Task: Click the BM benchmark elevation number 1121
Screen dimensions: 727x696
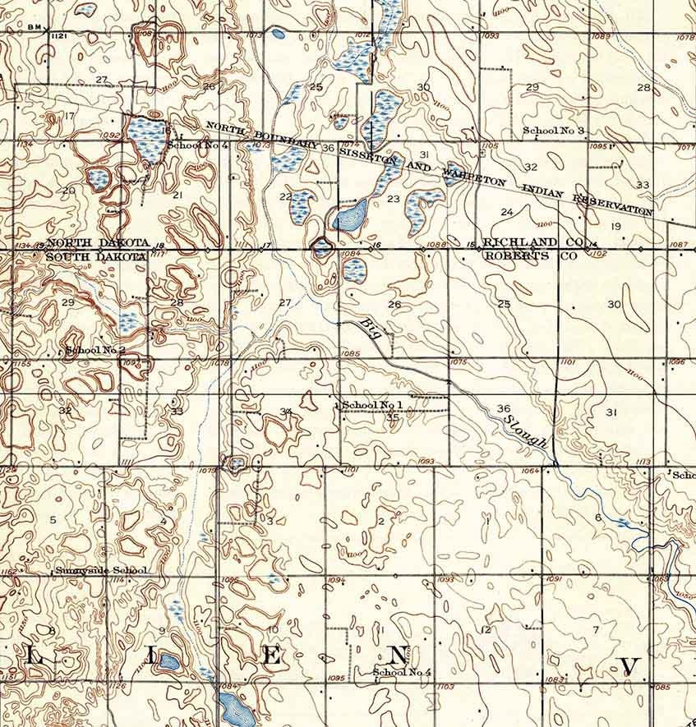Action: (x=58, y=37)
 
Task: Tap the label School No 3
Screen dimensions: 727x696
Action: (x=554, y=131)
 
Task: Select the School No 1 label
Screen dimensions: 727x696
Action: (x=371, y=406)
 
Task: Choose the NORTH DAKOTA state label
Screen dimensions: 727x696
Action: (x=98, y=244)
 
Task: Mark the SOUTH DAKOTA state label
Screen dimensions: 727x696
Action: (x=96, y=256)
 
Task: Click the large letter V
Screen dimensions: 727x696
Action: (x=630, y=665)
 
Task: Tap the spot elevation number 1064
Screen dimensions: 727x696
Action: (x=530, y=471)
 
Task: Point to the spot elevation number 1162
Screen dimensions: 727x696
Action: (x=9, y=570)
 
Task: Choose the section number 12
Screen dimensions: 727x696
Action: (x=486, y=630)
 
